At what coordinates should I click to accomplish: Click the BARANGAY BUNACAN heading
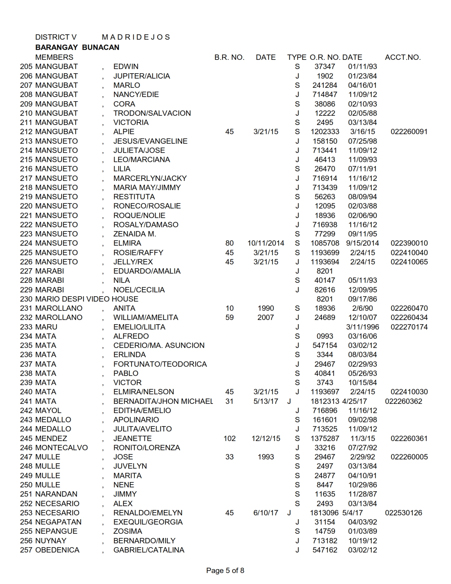[77, 47]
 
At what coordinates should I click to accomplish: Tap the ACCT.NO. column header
[403, 57]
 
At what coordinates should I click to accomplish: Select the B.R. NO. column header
[229, 57]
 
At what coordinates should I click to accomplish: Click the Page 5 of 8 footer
[225, 570]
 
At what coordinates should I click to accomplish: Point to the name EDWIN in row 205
[126, 67]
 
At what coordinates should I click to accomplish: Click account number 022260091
[409, 132]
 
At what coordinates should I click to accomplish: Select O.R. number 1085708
[325, 243]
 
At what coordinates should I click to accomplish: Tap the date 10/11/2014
[266, 243]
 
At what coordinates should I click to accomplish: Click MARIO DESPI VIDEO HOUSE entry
[87, 299]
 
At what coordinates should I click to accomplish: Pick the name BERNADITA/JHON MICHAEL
[163, 401]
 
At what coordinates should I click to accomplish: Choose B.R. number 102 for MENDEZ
[229, 439]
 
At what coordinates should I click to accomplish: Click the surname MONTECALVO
[62, 448]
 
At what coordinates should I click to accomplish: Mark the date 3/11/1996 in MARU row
[362, 327]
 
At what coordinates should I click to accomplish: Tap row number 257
[26, 550]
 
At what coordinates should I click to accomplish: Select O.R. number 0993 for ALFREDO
[325, 336]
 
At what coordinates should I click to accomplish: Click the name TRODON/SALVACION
[152, 113]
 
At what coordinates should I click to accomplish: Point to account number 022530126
[403, 513]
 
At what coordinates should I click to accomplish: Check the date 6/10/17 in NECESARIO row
[266, 513]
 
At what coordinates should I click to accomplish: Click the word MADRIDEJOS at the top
[136, 37]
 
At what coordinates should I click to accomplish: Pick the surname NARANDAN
[56, 494]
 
